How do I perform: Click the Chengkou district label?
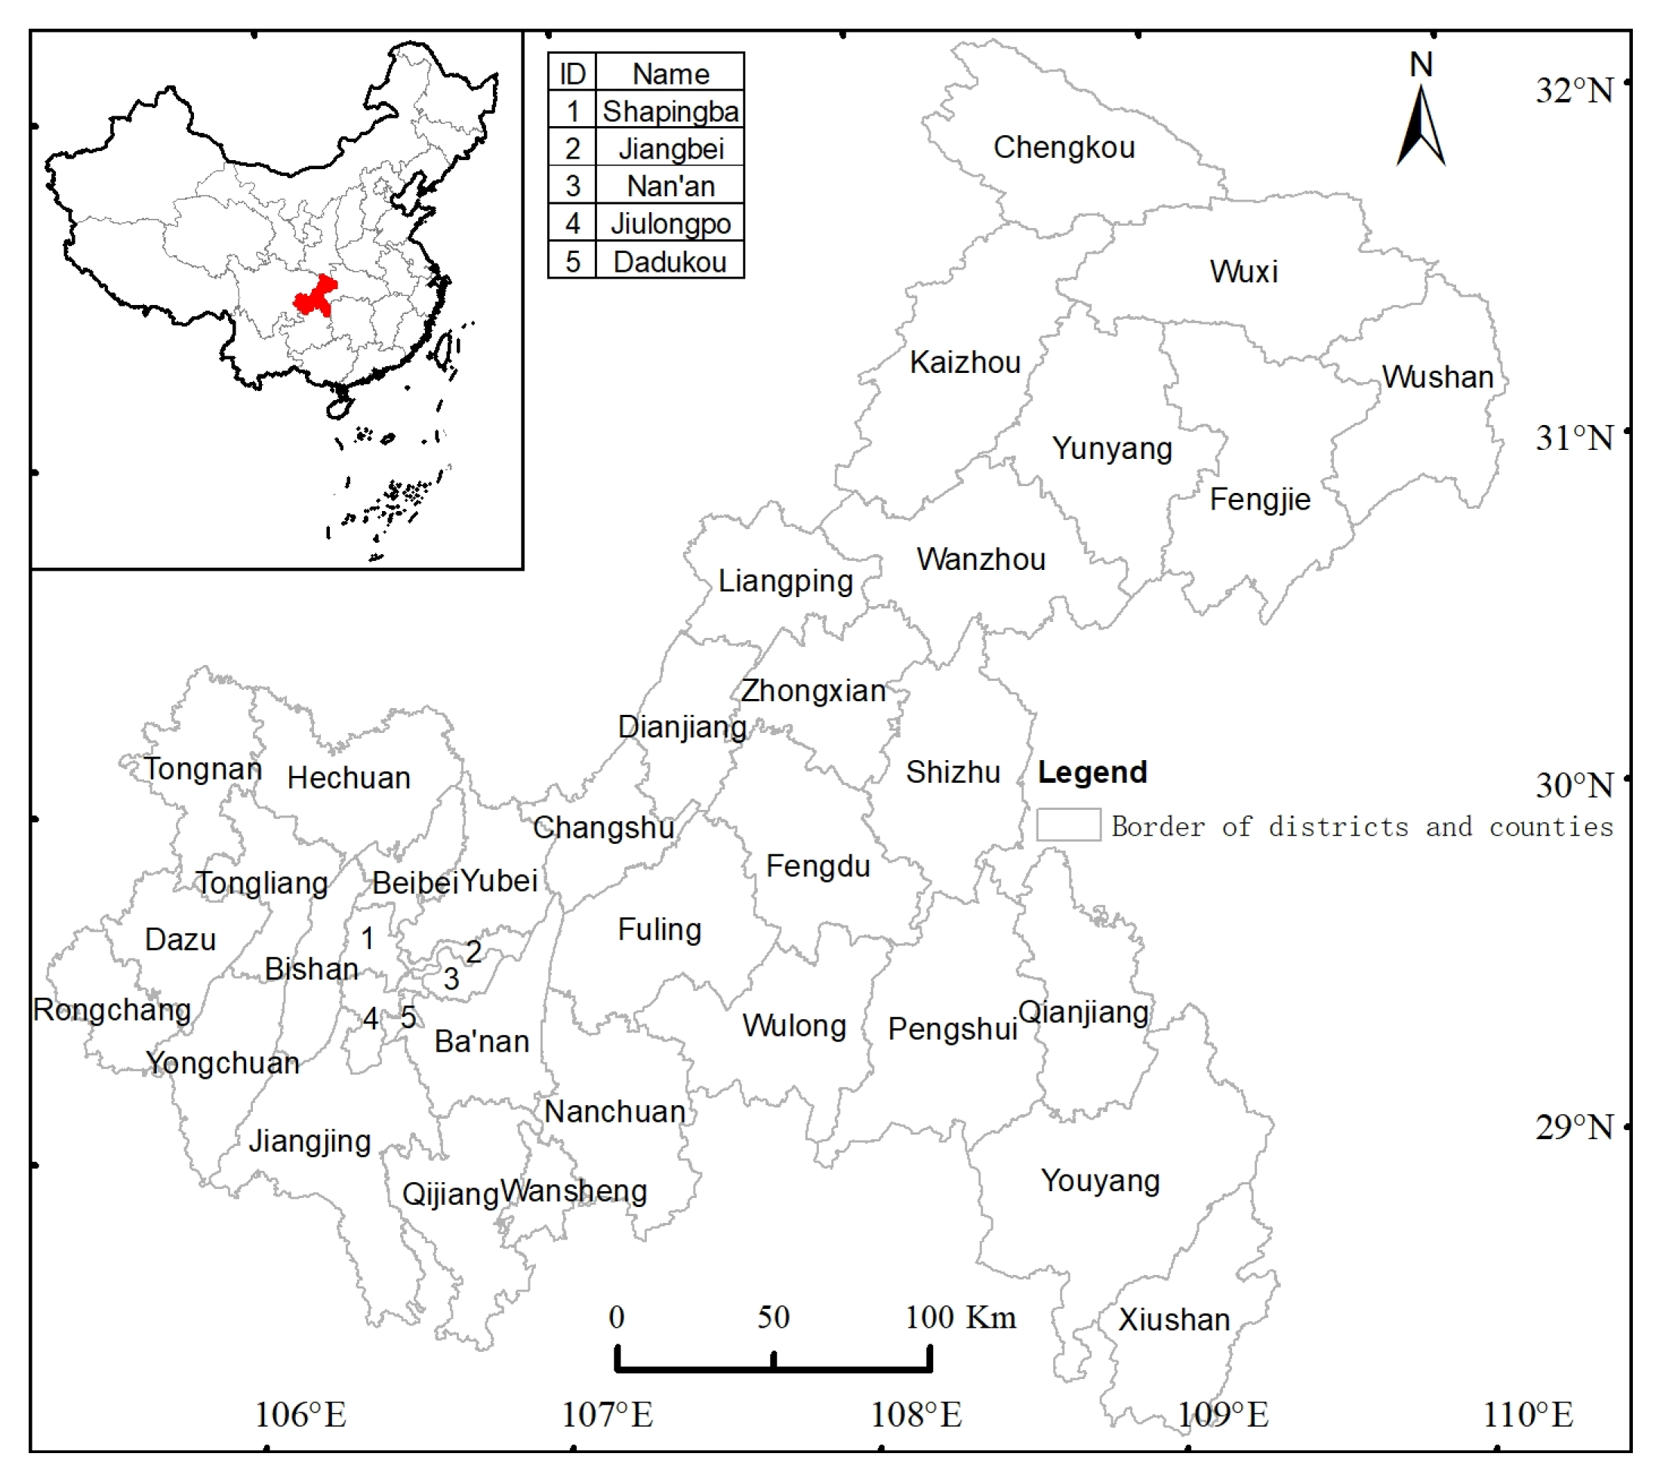coord(1064,147)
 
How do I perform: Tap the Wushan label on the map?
coord(1437,377)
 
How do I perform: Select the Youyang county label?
coord(1100,1180)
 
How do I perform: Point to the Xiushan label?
coord(1174,1319)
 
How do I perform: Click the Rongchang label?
coord(112,1010)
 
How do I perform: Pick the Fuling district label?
coord(659,928)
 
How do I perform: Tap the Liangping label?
coord(786,581)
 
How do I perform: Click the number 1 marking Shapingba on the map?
coord(367,938)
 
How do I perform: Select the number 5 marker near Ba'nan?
coord(408,1018)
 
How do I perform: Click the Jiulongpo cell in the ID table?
coord(670,223)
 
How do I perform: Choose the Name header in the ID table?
coord(670,74)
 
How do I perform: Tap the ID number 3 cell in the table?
coord(572,186)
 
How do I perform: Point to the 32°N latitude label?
coord(1573,90)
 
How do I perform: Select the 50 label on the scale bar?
coord(773,1317)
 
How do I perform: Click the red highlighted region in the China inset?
coord(315,297)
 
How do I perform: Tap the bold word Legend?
coord(1092,772)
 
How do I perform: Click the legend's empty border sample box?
coord(1068,825)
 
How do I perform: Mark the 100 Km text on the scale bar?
coord(961,1317)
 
